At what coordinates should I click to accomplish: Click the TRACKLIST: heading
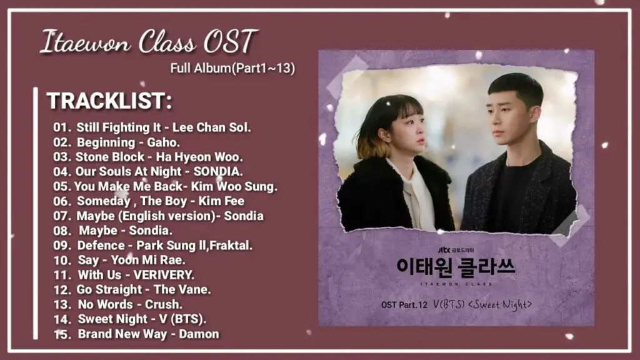click(109, 101)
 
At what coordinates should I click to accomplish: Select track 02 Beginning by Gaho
click(116, 142)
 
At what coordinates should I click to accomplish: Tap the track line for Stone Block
click(147, 157)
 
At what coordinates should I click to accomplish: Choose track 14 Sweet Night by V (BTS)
click(130, 319)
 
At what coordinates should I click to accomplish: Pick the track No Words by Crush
click(118, 304)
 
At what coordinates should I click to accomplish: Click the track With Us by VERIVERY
click(124, 275)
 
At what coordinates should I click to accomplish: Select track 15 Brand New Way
click(136, 334)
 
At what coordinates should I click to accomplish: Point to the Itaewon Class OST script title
click(149, 42)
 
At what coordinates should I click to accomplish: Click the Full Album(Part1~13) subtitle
click(232, 68)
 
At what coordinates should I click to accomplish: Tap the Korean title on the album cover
click(456, 267)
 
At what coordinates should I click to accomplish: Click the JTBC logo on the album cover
click(444, 250)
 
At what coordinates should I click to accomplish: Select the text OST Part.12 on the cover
click(404, 305)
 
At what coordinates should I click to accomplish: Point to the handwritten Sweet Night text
click(500, 304)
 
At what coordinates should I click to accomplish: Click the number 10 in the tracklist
click(62, 261)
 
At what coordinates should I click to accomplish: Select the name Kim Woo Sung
click(234, 186)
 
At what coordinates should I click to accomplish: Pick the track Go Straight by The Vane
click(132, 289)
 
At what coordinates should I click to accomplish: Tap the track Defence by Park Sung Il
click(152, 245)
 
